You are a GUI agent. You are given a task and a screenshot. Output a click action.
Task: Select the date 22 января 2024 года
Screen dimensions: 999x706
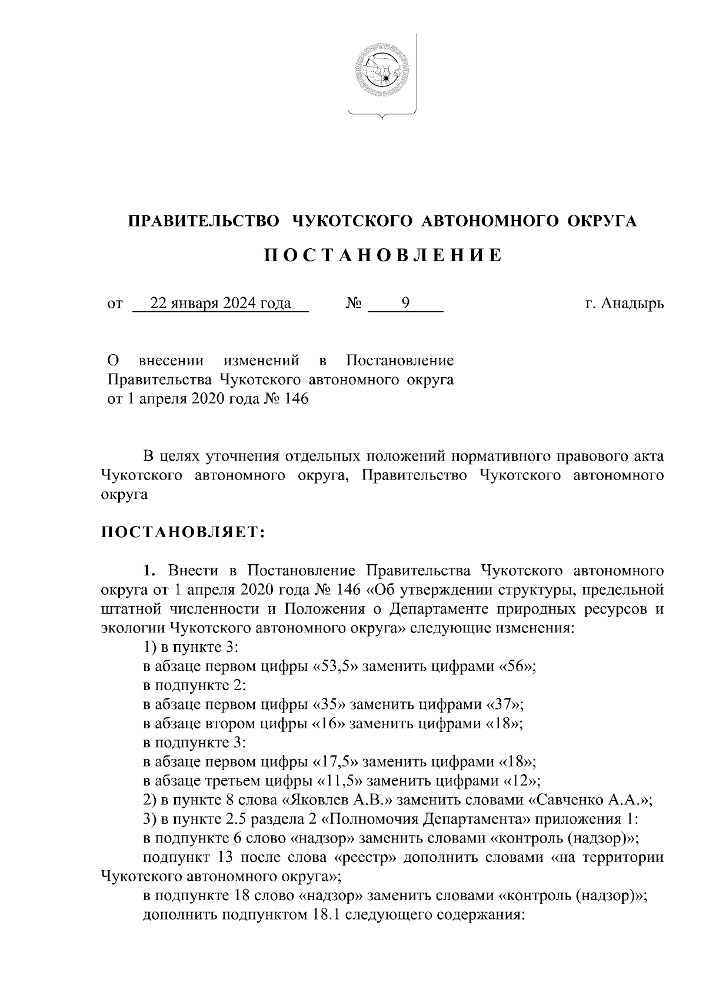point(221,304)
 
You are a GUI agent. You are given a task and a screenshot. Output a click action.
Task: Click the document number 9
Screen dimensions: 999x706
point(405,304)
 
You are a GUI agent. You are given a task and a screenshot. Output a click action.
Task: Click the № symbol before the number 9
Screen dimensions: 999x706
point(353,304)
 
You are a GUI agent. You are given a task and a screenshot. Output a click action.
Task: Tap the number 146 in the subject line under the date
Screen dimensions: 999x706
point(296,399)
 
